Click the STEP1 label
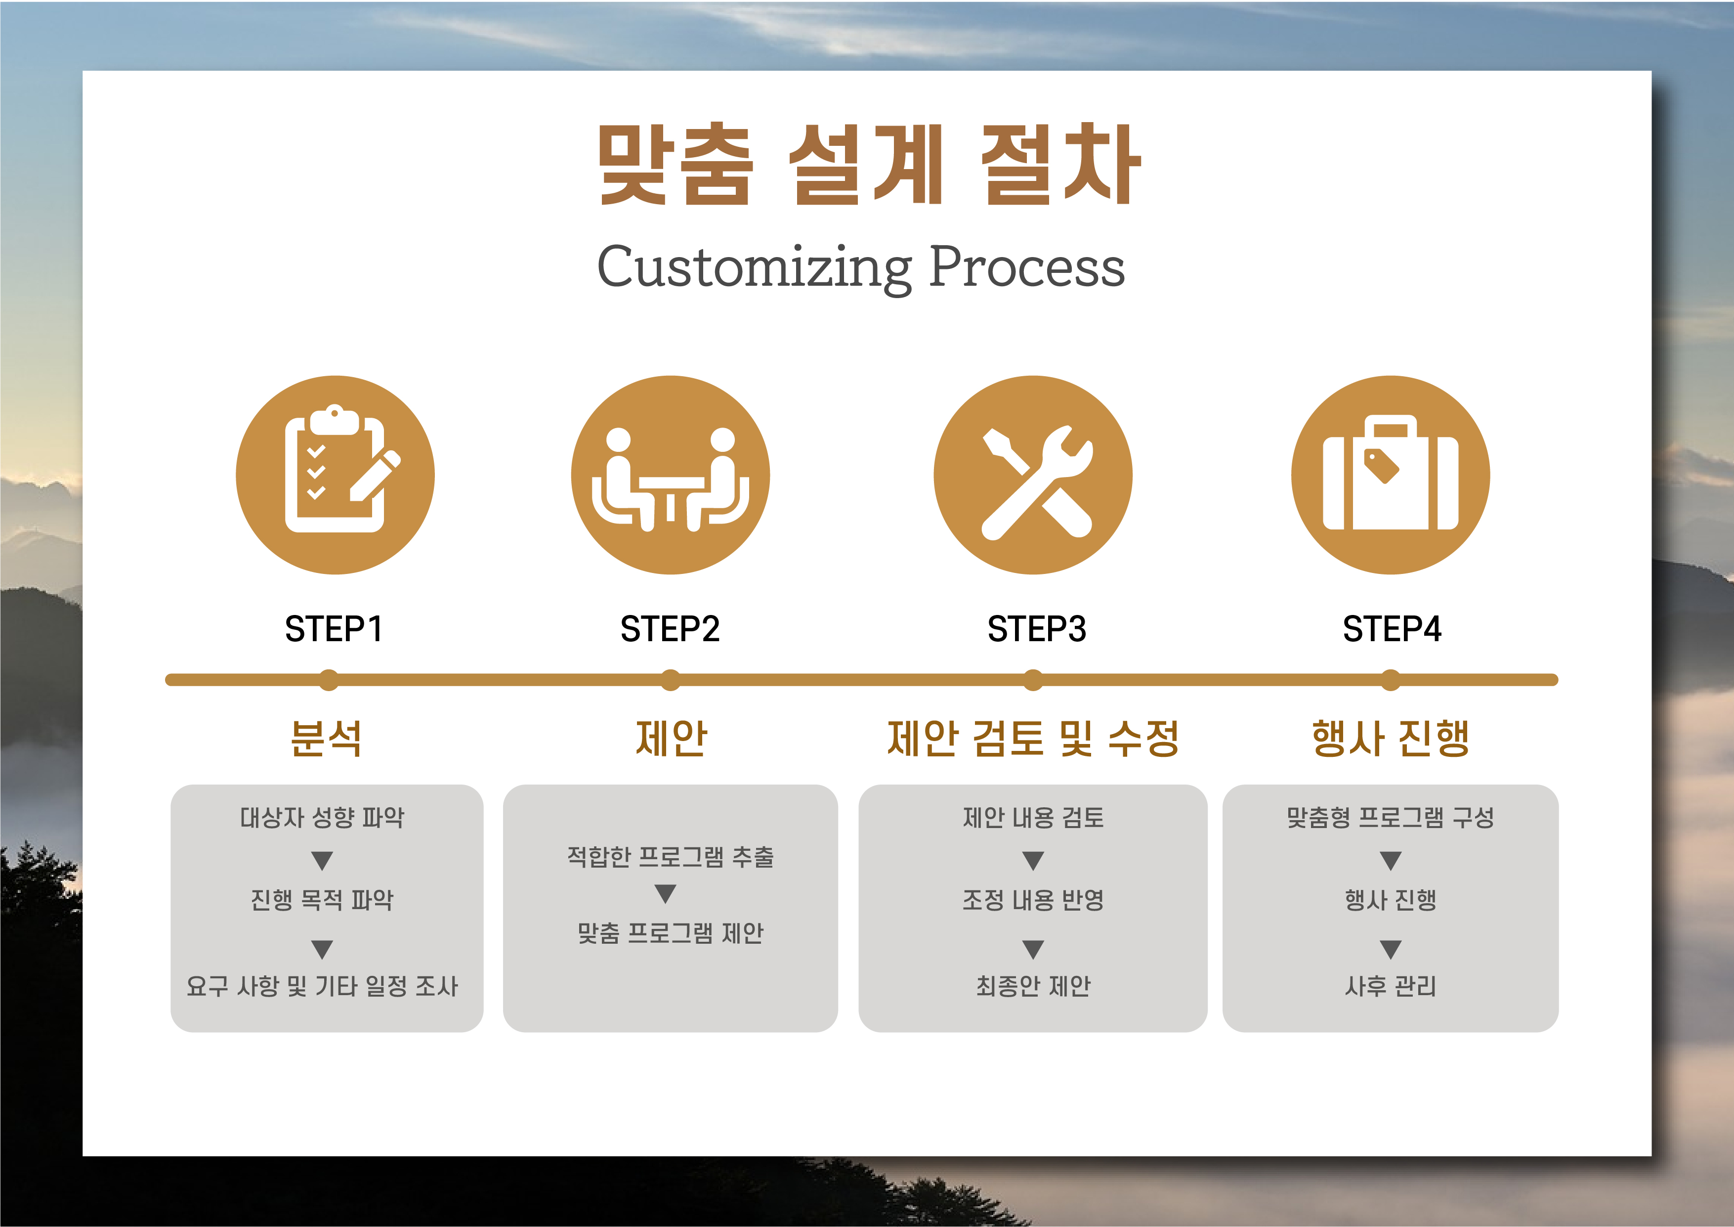click(x=334, y=629)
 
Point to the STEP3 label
click(x=1036, y=629)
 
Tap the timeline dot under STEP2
click(x=670, y=680)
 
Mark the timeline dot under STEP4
click(x=1391, y=680)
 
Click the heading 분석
click(x=326, y=738)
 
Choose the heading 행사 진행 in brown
click(x=1391, y=738)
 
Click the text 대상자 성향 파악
click(x=323, y=817)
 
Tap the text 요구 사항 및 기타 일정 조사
click(x=323, y=986)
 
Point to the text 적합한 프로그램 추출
click(x=670, y=857)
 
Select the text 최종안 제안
click(x=1033, y=986)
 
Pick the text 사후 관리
click(x=1391, y=986)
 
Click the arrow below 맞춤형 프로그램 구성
click(x=1391, y=861)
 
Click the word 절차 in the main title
click(x=1060, y=164)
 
